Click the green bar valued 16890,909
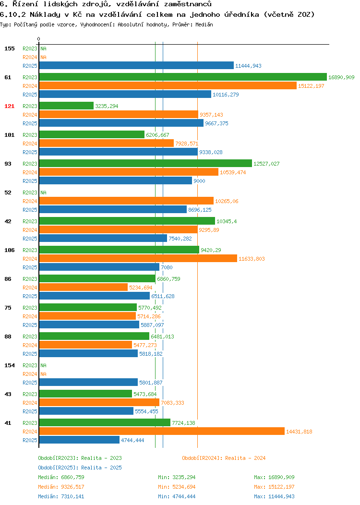pyautogui.click(x=183, y=77)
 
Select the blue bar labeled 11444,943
pyautogui.click(x=136, y=65)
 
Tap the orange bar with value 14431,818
pyautogui.click(x=162, y=431)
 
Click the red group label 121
pyautogui.click(x=9, y=106)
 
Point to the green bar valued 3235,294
pyautogui.click(x=66, y=106)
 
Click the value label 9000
pyautogui.click(x=199, y=181)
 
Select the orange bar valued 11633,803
pyautogui.click(x=138, y=258)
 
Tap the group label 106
pyautogui.click(x=9, y=250)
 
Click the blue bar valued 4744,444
pyautogui.click(x=79, y=440)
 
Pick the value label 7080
pyautogui.click(x=167, y=267)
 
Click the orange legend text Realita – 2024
pyautogui.click(x=245, y=458)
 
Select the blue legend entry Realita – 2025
pyautogui.click(x=101, y=468)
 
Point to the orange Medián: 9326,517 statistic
pyautogui.click(x=61, y=487)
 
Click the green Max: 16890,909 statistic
pyautogui.click(x=274, y=477)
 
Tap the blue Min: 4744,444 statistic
pyautogui.click(x=177, y=496)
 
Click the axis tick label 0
pyautogui.click(x=39, y=39)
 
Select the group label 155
pyautogui.click(x=9, y=48)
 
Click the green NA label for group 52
pyautogui.click(x=44, y=192)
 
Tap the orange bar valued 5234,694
pyautogui.click(x=84, y=287)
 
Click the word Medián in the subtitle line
pyautogui.click(x=204, y=24)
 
